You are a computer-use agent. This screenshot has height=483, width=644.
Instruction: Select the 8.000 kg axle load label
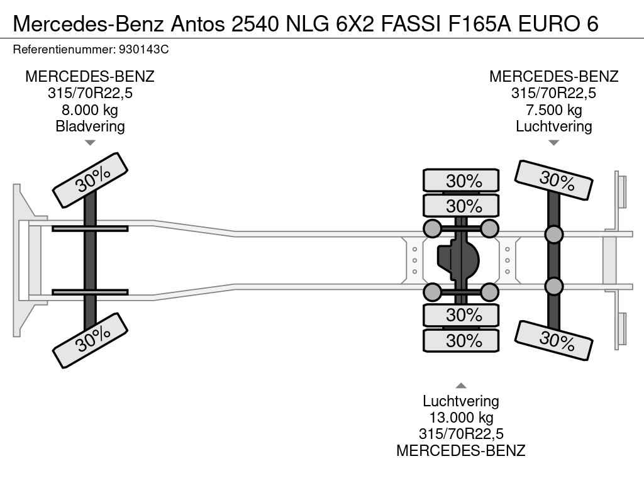pos(90,110)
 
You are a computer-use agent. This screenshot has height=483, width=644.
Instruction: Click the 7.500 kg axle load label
pos(553,110)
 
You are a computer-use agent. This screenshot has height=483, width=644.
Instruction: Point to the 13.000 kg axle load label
pos(461,418)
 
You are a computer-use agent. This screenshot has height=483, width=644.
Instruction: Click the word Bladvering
pos(90,126)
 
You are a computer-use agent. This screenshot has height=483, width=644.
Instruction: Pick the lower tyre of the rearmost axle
pos(554,340)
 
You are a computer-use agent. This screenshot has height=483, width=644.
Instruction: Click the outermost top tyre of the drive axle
pos(461,180)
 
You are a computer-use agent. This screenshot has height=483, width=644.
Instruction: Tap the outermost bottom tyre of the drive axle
pos(461,341)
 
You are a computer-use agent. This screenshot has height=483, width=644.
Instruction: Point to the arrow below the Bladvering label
pos(90,143)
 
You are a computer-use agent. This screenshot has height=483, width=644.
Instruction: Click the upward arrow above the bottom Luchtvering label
pos(461,386)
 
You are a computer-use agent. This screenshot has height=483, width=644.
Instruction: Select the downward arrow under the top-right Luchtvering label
pos(553,143)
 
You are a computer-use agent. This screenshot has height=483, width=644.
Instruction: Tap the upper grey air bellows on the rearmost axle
pos(553,235)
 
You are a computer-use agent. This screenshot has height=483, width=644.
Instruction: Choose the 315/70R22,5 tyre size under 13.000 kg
pos(461,434)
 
